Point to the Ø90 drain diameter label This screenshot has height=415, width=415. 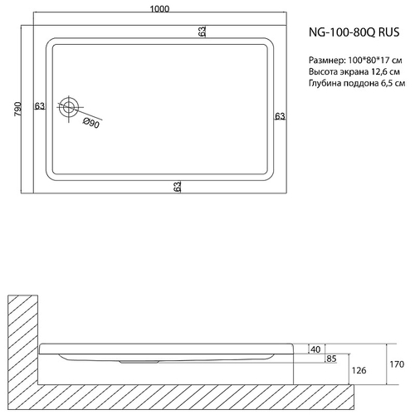[91, 124]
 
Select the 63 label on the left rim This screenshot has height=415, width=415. [39, 105]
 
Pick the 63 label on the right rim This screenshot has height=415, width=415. [280, 115]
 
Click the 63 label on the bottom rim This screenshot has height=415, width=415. [177, 188]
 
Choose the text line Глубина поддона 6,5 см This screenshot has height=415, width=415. [355, 85]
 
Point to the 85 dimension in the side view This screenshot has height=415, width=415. [330, 359]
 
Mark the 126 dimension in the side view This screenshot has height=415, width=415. [358, 371]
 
